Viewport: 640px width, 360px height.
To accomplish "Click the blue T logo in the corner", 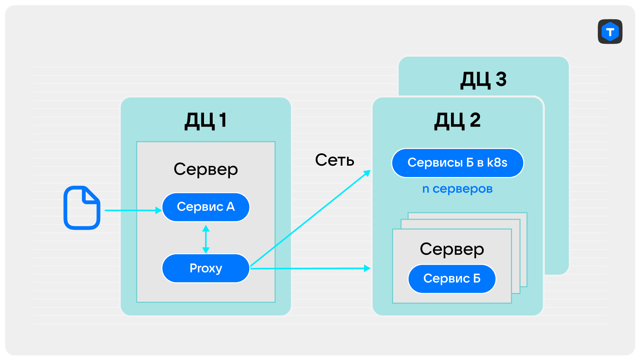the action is click(610, 32).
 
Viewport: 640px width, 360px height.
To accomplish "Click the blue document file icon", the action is click(82, 208).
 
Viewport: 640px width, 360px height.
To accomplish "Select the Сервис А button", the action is click(206, 207).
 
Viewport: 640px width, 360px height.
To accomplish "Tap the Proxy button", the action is click(206, 268).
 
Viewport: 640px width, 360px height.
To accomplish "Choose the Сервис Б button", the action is click(452, 279).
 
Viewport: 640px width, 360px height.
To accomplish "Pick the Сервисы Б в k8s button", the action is click(457, 163).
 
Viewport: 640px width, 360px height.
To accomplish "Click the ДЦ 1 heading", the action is click(206, 120).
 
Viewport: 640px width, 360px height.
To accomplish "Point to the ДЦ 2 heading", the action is click(457, 120).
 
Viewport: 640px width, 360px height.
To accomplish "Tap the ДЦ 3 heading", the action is click(483, 80).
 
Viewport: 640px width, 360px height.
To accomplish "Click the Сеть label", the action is click(335, 160).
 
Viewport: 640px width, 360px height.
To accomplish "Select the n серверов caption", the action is click(457, 189).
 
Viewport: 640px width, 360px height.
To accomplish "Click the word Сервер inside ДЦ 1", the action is click(206, 170).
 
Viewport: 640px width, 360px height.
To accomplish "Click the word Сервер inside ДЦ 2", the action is click(452, 249).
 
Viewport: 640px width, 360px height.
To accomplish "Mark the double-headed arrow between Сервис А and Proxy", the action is click(206, 239).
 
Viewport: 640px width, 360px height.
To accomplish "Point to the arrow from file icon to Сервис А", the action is click(133, 210).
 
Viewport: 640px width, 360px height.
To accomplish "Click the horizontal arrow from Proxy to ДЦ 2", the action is click(310, 268).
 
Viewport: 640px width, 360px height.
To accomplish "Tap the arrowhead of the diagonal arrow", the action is click(367, 173).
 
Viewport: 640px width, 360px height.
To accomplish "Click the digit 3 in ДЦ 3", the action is click(501, 80).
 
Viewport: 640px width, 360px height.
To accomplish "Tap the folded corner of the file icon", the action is click(91, 195).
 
